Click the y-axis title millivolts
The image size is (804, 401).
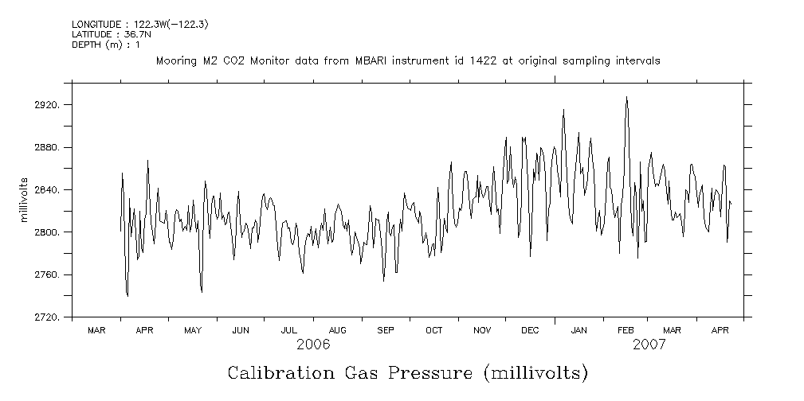click(x=25, y=199)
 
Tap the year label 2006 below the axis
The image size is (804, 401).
click(x=313, y=345)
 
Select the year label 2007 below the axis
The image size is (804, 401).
click(x=649, y=345)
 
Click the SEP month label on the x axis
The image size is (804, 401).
click(x=386, y=329)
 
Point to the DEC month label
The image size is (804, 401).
click(x=530, y=329)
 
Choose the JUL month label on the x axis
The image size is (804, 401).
click(x=289, y=329)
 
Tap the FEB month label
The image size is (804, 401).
click(x=626, y=329)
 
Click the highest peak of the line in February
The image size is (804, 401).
click(x=626, y=97)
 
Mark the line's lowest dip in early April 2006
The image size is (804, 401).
click(x=127, y=296)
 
